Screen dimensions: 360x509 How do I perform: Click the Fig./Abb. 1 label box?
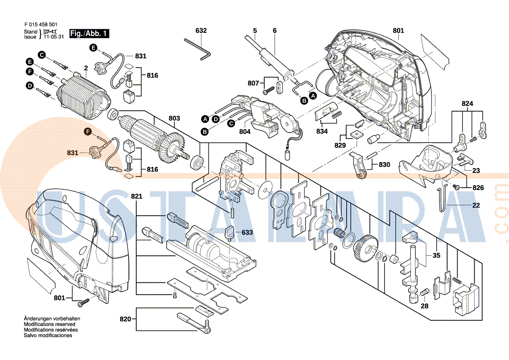[90, 34]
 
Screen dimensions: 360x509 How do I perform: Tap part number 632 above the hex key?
[201, 31]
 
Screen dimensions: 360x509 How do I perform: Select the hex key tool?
[198, 47]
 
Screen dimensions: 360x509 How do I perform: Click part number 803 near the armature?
[174, 118]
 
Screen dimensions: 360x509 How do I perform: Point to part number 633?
[247, 233]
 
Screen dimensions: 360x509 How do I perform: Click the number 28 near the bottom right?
[425, 306]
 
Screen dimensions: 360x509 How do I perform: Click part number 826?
[478, 188]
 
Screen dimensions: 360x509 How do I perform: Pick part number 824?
[467, 104]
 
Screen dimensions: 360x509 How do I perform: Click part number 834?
[322, 131]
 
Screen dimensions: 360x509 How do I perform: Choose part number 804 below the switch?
[245, 131]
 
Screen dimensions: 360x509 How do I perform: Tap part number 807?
[253, 83]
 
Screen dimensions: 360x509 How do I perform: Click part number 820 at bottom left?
[125, 319]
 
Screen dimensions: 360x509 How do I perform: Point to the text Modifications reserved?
[49, 324]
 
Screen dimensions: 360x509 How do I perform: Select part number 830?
[384, 165]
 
